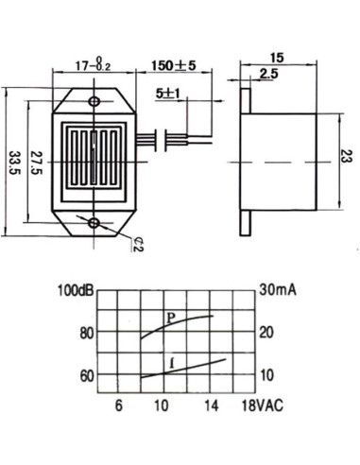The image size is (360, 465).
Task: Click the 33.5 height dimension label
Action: (x=14, y=163)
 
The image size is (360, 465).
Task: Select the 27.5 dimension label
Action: (x=36, y=163)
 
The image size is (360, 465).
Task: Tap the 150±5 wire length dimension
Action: (x=174, y=65)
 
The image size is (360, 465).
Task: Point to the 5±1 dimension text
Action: (x=167, y=94)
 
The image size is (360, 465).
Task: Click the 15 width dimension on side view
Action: (x=277, y=58)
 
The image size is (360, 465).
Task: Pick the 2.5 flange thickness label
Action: (x=269, y=74)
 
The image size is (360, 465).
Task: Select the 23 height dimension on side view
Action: (x=347, y=155)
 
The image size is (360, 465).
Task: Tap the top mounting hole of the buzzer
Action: (x=94, y=101)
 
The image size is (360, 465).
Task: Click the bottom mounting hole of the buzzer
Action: (x=94, y=223)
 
